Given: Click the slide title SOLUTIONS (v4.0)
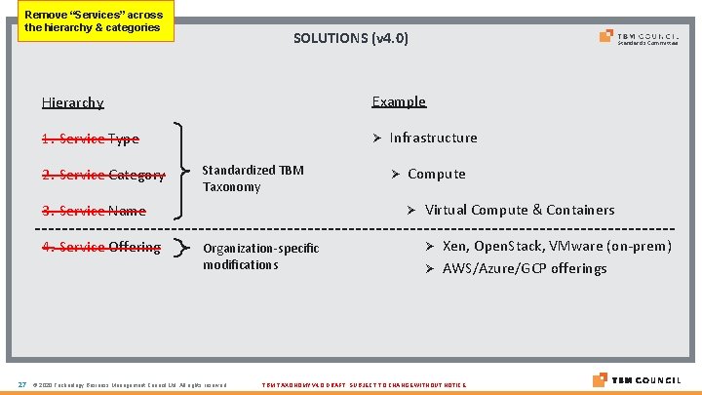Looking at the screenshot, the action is tap(351, 38).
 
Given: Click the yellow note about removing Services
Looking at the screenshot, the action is tap(94, 21).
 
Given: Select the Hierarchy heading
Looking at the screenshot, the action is tap(72, 102).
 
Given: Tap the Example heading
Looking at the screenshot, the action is tap(399, 101).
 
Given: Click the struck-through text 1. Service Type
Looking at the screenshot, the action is tap(90, 139).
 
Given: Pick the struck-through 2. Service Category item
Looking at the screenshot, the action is tap(102, 176).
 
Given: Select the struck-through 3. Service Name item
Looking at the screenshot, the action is tap(94, 211).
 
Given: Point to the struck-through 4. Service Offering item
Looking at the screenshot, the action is tap(100, 247).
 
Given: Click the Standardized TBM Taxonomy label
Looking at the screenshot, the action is tap(253, 178).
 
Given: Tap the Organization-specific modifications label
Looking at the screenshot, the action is tap(260, 257).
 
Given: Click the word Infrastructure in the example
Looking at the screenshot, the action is tap(433, 138).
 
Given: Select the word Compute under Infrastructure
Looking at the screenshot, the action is tap(436, 174).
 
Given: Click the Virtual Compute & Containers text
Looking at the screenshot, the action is tap(520, 210).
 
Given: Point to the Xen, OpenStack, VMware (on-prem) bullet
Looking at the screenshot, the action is tap(557, 246).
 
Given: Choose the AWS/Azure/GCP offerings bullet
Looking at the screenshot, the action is tap(524, 268).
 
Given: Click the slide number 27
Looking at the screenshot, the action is tap(21, 384).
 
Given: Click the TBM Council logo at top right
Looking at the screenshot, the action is tap(639, 38).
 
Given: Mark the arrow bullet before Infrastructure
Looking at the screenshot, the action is tap(376, 138).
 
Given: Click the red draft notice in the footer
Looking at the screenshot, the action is tap(365, 385).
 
